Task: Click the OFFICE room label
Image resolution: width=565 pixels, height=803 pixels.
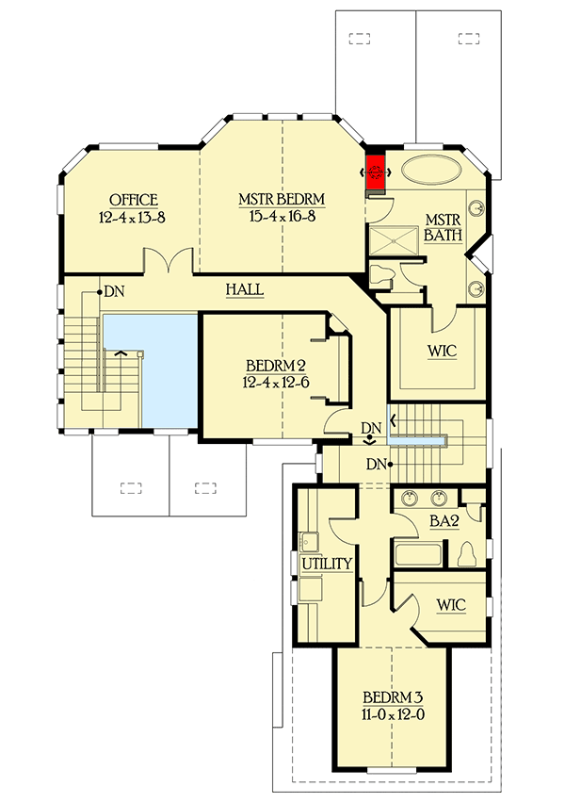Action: [133, 200]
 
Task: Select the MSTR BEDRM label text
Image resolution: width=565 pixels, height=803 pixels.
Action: [282, 200]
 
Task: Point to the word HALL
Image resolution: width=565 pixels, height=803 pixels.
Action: [244, 290]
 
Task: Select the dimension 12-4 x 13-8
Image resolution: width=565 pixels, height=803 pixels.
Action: [133, 217]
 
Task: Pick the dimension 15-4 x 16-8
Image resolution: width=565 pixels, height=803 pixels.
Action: [282, 217]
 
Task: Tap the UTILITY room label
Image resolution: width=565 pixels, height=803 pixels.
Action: [327, 565]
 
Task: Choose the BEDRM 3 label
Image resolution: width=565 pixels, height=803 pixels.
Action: [393, 697]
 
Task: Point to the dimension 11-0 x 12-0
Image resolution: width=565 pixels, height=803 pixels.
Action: [393, 714]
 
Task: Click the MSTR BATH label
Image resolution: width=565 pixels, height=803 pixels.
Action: [442, 226]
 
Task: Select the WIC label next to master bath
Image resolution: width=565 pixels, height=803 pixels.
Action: [441, 352]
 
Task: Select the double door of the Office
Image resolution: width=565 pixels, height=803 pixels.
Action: [169, 262]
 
